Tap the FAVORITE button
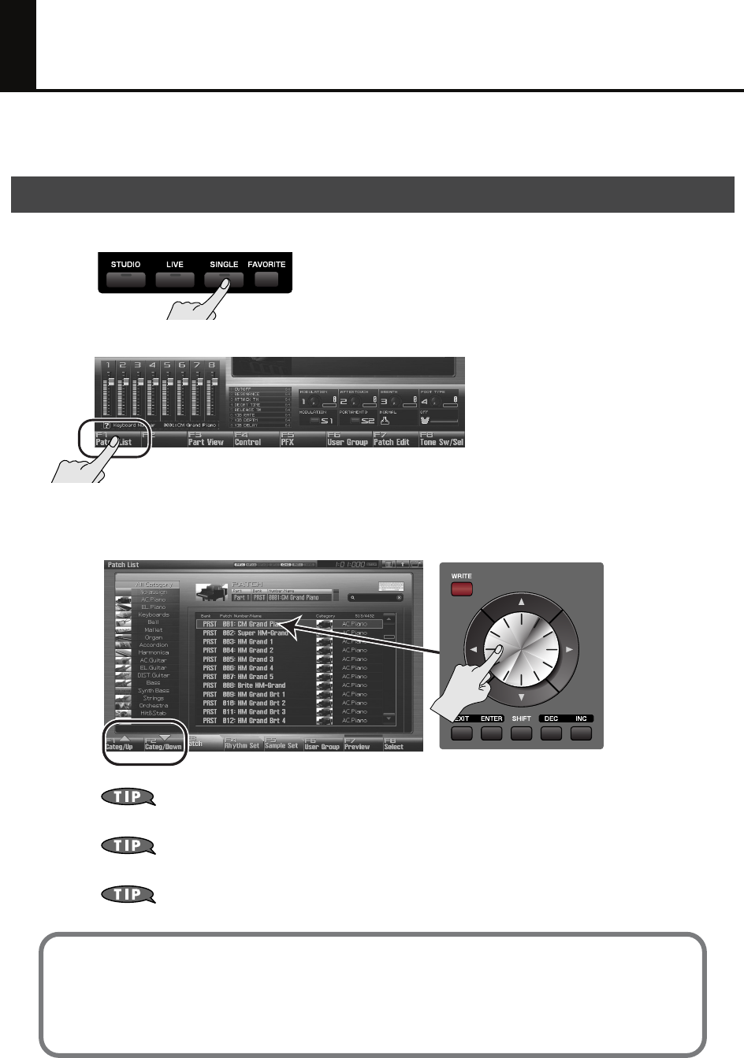pyautogui.click(x=266, y=279)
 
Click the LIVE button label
pyautogui.click(x=174, y=265)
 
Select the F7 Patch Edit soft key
pyautogui.click(x=392, y=439)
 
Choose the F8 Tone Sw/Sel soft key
pyautogui.click(x=441, y=439)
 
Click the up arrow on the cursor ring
pyautogui.click(x=521, y=601)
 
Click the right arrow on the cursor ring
pyautogui.click(x=569, y=650)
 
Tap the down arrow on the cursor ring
pyautogui.click(x=521, y=698)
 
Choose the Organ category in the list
pyautogui.click(x=153, y=637)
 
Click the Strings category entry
pyautogui.click(x=153, y=698)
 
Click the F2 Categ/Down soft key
pyautogui.click(x=164, y=743)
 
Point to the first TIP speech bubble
pyautogui.click(x=128, y=796)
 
